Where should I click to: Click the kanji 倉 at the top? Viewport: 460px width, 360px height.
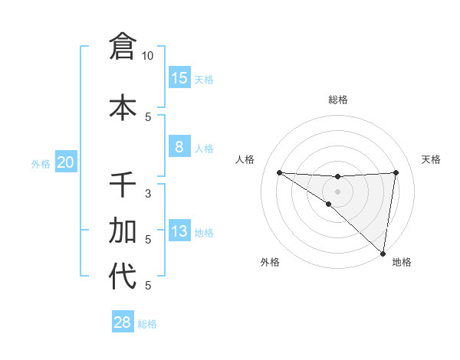coord(122,46)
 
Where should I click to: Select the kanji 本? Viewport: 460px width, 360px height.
coord(122,106)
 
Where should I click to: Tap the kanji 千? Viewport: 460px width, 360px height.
coord(122,185)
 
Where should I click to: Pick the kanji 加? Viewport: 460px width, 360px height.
coord(122,230)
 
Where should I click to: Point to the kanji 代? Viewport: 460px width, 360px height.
coord(122,276)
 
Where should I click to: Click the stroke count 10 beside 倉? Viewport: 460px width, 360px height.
coord(147,56)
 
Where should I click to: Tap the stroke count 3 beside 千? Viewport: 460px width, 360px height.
coord(147,194)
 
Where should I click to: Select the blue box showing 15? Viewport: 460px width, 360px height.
coord(179,78)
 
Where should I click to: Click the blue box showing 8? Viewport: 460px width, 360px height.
coord(179,147)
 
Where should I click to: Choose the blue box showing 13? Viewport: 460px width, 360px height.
coord(179,231)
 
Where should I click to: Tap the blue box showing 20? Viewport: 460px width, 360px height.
coord(66,162)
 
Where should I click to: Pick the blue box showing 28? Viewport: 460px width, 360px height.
coord(122,322)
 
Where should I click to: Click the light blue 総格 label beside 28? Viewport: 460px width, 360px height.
coord(147,324)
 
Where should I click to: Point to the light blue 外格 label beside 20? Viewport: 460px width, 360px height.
coord(41,164)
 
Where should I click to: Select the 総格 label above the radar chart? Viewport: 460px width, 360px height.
coord(337,100)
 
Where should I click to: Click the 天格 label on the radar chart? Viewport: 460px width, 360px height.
coord(431,159)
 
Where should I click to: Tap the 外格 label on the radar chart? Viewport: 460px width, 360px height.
coord(270,262)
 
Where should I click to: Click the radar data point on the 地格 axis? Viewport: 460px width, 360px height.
coord(383,253)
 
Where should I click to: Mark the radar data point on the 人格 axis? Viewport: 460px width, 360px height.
coord(279,172)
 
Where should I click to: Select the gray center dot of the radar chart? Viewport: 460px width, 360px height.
coord(337,191)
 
